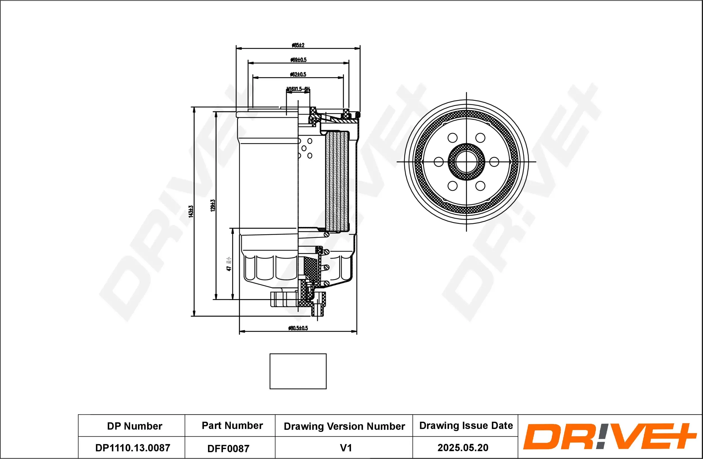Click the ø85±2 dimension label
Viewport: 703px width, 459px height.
coord(298,45)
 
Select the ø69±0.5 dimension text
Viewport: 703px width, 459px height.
coord(298,60)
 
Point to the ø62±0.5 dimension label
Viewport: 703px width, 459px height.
coord(298,74)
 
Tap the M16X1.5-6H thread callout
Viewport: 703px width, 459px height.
coord(298,89)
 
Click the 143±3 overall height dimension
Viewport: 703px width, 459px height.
coord(191,211)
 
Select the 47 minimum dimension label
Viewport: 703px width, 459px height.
coord(229,264)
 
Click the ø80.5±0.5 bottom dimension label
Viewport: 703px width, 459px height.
coord(298,328)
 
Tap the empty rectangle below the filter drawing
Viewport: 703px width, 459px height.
coord(298,371)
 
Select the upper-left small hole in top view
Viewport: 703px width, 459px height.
coord(452,137)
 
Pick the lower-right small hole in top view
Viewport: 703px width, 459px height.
coord(480,186)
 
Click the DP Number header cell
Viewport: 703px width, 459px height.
coord(134,426)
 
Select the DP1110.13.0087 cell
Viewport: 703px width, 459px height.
coord(133,447)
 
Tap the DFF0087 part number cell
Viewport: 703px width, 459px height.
coord(228,448)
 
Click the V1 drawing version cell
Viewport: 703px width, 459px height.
coord(346,448)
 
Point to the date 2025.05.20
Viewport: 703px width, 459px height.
coord(463,447)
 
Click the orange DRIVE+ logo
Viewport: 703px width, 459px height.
coord(609,436)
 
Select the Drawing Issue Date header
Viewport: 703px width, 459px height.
coord(466,425)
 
